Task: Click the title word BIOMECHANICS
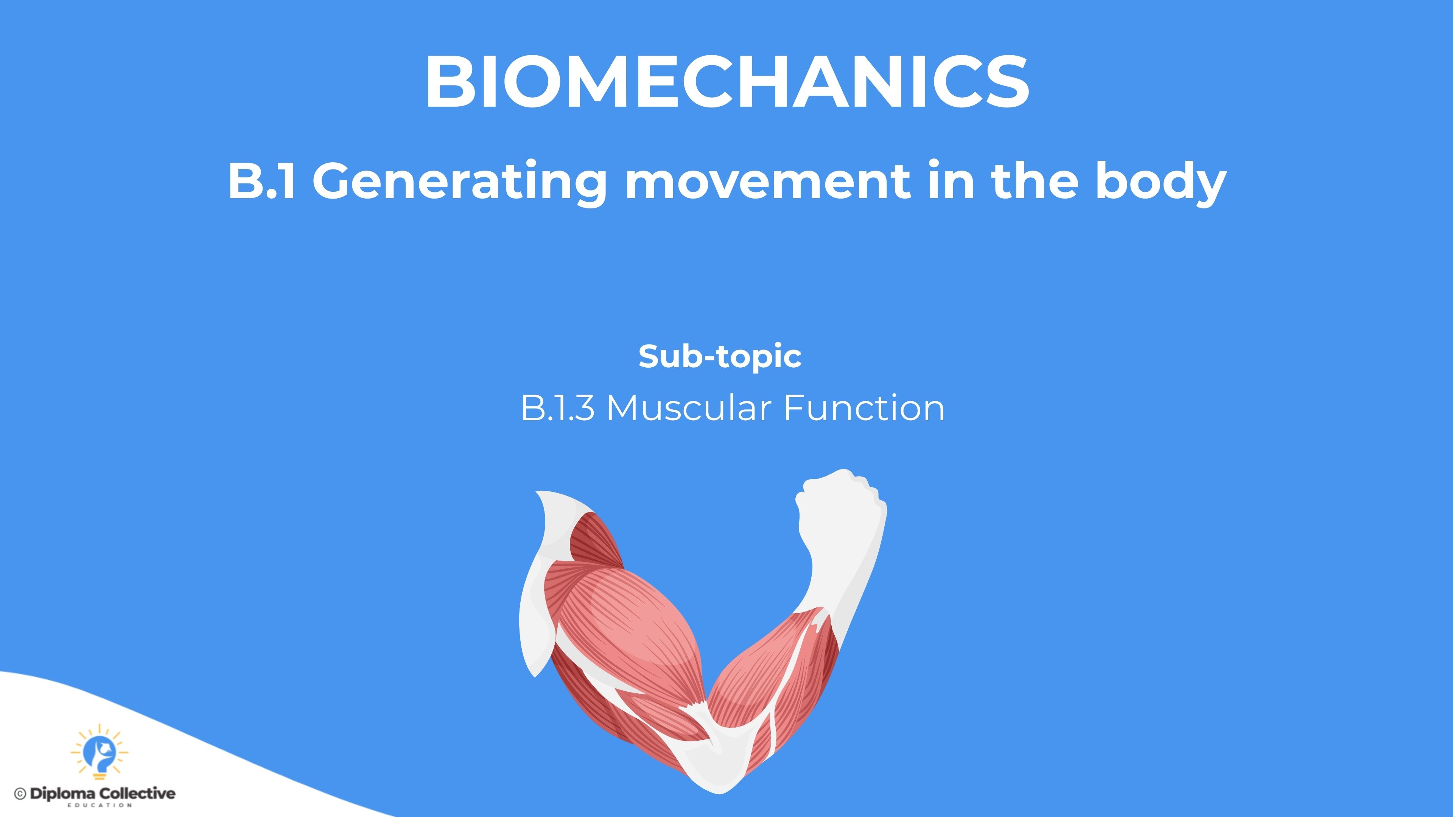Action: click(727, 82)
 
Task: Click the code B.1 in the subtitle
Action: click(262, 180)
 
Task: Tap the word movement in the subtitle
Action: click(767, 181)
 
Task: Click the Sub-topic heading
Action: click(720, 356)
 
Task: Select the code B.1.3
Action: click(557, 408)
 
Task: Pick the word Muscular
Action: click(689, 408)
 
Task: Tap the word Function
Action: click(864, 408)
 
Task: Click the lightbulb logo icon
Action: click(99, 752)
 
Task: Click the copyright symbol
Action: click(20, 794)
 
